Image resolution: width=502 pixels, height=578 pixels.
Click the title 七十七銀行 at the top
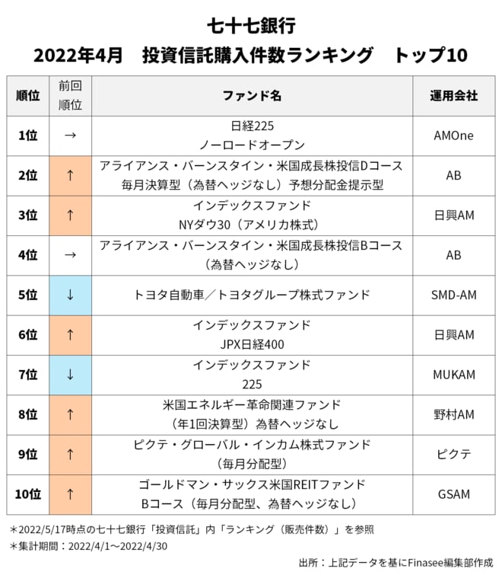click(250, 26)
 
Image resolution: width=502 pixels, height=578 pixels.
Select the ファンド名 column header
click(252, 96)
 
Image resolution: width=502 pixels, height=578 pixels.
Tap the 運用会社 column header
click(453, 96)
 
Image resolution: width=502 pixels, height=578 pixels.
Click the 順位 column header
click(27, 96)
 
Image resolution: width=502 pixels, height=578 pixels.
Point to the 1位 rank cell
click(27, 136)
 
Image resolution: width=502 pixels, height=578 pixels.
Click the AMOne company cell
click(453, 136)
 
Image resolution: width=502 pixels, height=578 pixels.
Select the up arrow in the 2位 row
click(70, 175)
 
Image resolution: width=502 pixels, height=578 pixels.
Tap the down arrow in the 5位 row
click(70, 295)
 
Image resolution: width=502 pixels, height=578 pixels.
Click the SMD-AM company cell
click(453, 295)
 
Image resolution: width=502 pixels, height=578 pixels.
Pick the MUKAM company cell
click(453, 375)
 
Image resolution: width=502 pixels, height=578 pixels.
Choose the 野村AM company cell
click(453, 414)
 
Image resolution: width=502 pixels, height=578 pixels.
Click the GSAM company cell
click(453, 494)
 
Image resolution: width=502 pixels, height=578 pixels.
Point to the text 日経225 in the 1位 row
click(252, 126)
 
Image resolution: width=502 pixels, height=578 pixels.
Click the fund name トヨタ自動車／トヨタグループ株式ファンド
click(252, 295)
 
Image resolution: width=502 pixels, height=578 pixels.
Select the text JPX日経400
click(252, 344)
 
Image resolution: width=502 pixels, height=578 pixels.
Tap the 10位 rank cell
click(27, 494)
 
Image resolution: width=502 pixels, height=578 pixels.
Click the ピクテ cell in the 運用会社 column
click(453, 455)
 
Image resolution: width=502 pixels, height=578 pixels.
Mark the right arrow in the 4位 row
click(70, 255)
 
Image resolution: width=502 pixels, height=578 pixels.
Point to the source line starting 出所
click(395, 563)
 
